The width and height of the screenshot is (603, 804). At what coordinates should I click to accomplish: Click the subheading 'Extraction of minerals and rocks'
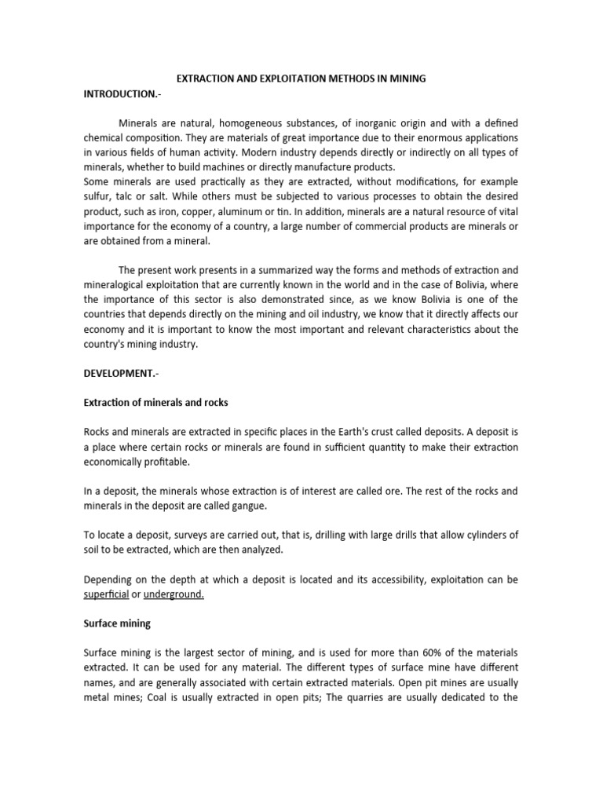[x=155, y=403]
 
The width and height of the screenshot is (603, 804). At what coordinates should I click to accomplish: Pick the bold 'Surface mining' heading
[x=117, y=624]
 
